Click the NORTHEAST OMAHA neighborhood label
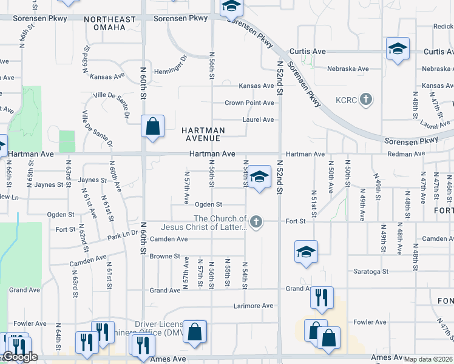coord(110,24)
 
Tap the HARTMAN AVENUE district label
coord(203,134)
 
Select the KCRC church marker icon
coord(365,99)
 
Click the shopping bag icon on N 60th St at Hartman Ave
coord(152,127)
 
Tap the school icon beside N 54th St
coord(259,177)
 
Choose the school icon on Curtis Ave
coord(398,49)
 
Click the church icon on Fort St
coord(256,221)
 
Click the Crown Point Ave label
coord(249,103)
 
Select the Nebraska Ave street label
coord(348,69)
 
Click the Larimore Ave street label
coord(253,306)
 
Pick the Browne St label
coord(165,257)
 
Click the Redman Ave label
coord(404,155)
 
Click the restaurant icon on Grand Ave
coord(321,297)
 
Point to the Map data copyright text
coord(429,359)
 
